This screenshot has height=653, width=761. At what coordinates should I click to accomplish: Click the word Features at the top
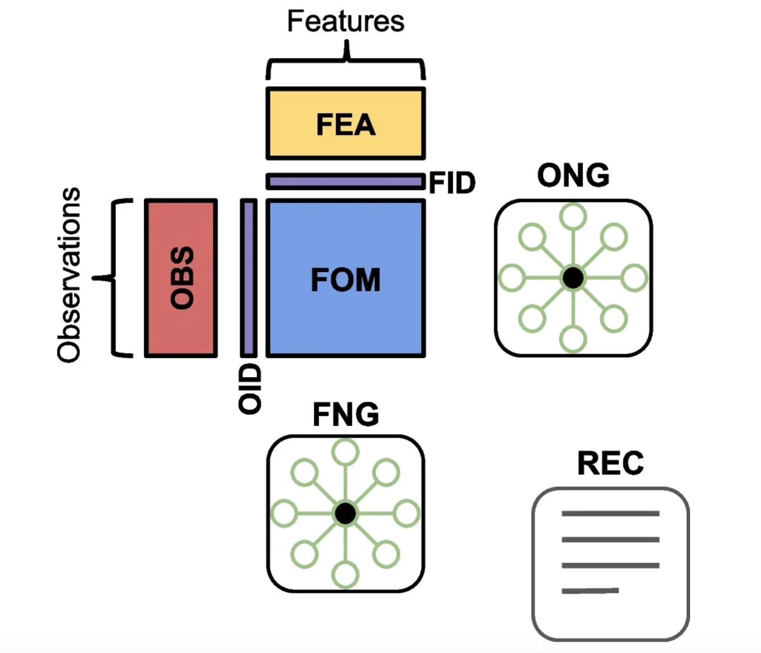(x=346, y=22)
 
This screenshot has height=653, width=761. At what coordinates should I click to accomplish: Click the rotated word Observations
(x=69, y=275)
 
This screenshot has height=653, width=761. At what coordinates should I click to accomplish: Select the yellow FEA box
(x=346, y=124)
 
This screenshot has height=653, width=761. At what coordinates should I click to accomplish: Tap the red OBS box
(x=181, y=278)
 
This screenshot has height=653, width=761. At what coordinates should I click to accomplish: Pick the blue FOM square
(x=346, y=278)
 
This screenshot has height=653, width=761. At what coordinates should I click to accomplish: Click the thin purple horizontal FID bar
(x=346, y=181)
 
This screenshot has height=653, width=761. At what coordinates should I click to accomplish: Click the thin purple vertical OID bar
(x=249, y=278)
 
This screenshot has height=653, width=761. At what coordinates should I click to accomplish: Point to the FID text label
(x=452, y=183)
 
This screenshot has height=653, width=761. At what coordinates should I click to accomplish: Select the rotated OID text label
(x=250, y=389)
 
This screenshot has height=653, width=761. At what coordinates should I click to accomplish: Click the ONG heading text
(x=573, y=176)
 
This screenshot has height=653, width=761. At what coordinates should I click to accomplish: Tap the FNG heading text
(x=346, y=415)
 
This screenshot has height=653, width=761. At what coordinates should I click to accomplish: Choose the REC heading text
(x=611, y=463)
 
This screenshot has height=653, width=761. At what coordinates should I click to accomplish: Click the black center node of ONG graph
(x=573, y=278)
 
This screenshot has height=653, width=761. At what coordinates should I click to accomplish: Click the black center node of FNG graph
(x=346, y=514)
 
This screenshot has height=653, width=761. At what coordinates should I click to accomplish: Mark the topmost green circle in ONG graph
(x=573, y=216)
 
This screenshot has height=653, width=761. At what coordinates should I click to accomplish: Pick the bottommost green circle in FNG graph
(x=346, y=575)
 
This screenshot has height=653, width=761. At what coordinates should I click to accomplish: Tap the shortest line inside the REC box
(x=590, y=591)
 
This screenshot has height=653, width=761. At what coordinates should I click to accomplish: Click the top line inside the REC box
(x=611, y=514)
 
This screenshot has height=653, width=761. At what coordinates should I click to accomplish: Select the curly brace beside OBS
(x=112, y=278)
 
